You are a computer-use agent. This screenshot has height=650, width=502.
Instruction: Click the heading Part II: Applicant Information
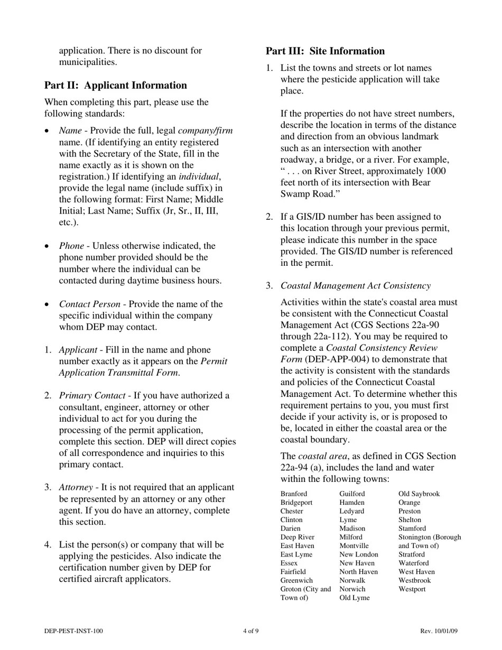coord(115,86)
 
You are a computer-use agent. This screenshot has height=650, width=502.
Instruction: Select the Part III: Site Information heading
coord(325,51)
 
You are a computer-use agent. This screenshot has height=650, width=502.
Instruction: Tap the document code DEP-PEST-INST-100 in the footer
coord(73,631)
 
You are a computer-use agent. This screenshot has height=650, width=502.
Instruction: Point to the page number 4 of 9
coord(250,631)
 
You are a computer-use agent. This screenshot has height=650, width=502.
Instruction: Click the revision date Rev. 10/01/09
coord(439,631)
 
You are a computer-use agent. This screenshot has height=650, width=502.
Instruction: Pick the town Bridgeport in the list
coord(296,503)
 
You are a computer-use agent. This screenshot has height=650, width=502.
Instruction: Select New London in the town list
coord(359,554)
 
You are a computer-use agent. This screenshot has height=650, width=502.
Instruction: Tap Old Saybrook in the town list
coord(419,494)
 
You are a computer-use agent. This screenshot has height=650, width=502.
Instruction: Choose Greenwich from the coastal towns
coord(296,580)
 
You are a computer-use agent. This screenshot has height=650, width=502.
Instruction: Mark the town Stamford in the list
coord(412,528)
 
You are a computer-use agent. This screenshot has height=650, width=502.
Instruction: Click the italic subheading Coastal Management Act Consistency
coord(355,286)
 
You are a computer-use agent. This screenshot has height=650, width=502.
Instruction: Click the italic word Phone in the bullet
coord(71,246)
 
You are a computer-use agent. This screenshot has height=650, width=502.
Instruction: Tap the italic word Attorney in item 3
coord(76,487)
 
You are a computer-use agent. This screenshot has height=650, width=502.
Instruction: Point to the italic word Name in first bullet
coord(70,131)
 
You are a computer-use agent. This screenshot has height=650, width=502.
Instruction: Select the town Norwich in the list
coord(352,589)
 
